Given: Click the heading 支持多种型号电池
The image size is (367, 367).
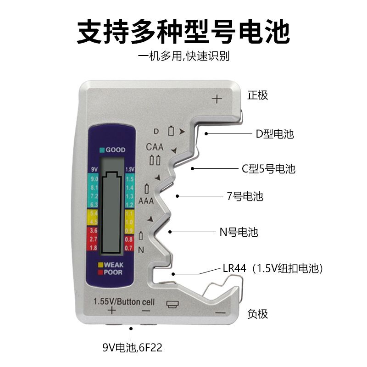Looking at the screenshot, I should (183, 31).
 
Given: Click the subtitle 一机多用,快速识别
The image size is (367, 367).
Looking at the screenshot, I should (183, 57).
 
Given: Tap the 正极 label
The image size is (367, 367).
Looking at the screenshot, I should (257, 95).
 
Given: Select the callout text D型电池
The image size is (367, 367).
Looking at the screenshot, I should (274, 134).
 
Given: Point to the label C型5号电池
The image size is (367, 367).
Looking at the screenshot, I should (268, 169).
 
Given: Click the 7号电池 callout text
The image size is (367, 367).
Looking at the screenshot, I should (245, 196).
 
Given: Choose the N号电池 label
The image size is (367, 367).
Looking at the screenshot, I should (237, 232).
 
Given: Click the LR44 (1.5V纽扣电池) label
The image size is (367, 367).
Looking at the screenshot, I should (272, 268).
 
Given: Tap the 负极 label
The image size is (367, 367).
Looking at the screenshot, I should (257, 314).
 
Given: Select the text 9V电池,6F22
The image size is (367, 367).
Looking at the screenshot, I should (132, 348).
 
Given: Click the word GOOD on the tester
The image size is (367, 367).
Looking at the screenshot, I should (115, 150).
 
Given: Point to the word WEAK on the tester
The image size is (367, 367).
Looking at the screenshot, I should (113, 265).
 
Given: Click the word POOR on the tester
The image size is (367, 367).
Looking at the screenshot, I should (113, 272).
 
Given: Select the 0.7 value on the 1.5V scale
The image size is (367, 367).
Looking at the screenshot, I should (129, 248).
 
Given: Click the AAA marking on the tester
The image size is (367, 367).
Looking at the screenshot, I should (146, 201).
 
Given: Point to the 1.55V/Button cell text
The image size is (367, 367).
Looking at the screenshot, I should (124, 302).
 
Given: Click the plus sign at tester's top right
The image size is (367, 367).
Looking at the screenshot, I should (217, 98).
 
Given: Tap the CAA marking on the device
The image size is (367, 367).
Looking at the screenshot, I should (156, 147).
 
